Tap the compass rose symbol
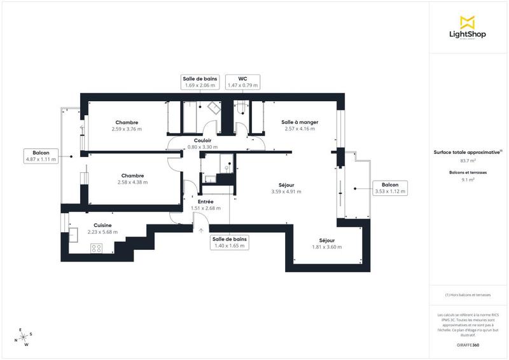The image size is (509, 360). [24, 338]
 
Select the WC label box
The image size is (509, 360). [242, 81]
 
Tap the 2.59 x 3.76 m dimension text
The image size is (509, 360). [127, 129]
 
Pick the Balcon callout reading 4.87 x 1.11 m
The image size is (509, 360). [41, 156]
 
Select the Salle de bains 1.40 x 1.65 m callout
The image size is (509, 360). [230, 242]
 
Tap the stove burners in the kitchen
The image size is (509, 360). [97, 249]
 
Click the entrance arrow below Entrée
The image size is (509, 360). [201, 231]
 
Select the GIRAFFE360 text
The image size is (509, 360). [468, 343]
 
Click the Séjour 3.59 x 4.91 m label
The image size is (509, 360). [286, 188]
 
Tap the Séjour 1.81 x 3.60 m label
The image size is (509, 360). [327, 244]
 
